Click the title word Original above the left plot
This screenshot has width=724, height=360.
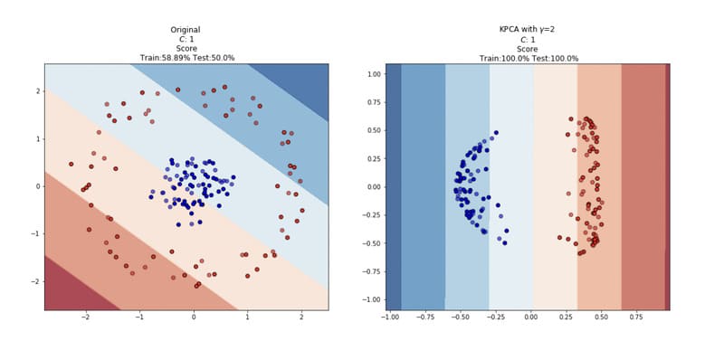tap(186, 30)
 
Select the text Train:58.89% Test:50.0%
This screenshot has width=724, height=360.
tap(186, 58)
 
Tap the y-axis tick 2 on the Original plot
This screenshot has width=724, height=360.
tap(38, 90)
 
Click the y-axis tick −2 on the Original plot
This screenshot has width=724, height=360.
tap(36, 281)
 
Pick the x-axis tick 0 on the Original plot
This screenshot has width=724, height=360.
tap(193, 318)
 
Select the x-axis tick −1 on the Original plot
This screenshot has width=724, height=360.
tap(138, 318)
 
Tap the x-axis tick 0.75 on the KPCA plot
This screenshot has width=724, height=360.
tap(635, 318)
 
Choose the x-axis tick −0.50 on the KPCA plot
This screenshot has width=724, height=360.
tap(459, 318)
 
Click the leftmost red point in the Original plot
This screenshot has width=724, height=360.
tap(71, 164)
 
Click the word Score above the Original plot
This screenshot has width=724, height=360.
tap(186, 49)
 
